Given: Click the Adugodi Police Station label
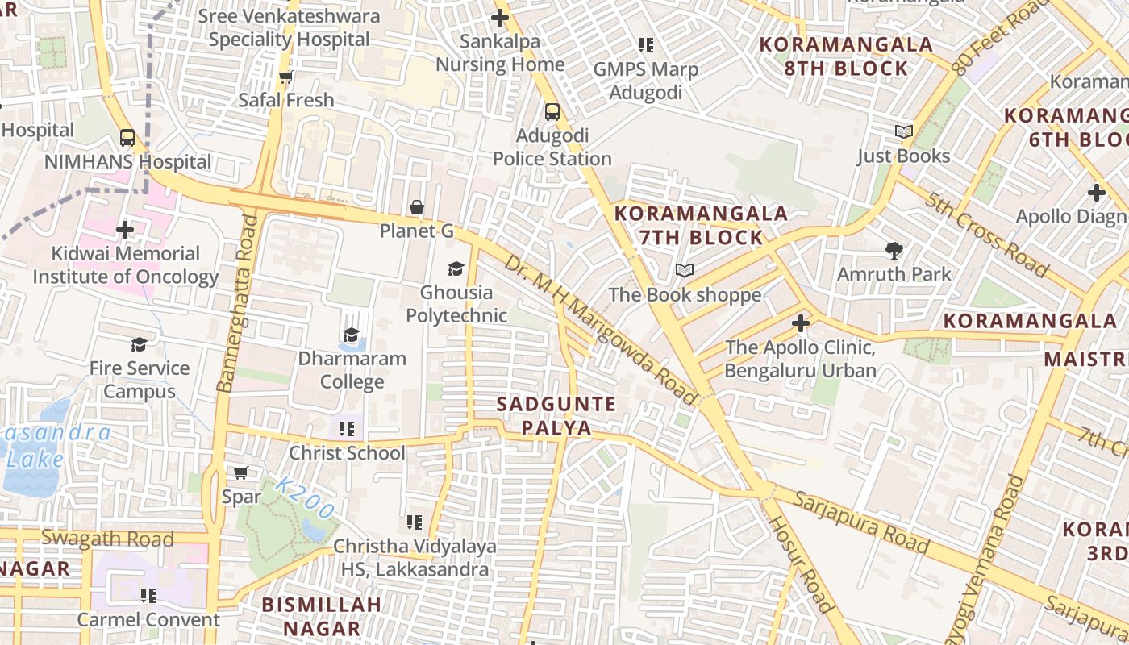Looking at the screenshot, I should tap(552, 148).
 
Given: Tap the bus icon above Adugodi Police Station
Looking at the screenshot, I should tap(552, 112).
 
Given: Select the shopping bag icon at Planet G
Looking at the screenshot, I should tap(417, 208).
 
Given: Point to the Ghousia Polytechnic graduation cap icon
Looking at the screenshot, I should tap(456, 268).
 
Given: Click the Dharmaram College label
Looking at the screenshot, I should tap(352, 370).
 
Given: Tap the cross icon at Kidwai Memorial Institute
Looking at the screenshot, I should tap(125, 230).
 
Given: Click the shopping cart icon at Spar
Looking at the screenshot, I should tap(241, 472).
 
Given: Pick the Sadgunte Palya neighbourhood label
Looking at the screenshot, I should tap(556, 415).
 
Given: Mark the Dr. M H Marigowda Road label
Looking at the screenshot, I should tap(601, 331).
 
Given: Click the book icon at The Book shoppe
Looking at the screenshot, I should tap(685, 270).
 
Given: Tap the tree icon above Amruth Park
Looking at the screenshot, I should tap(894, 251).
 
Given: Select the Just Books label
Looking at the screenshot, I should tap(903, 156).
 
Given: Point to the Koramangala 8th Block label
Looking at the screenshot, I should tap(847, 56).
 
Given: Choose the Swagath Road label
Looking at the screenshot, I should tap(107, 538).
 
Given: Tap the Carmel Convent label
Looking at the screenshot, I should tap(148, 619).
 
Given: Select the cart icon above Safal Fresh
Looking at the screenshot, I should tap(285, 77).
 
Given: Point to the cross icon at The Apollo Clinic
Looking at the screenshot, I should tap(800, 323).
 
